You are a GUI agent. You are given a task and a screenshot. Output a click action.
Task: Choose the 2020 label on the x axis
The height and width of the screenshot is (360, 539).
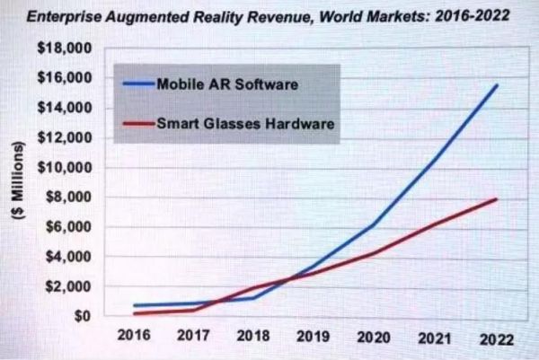tap(370, 340)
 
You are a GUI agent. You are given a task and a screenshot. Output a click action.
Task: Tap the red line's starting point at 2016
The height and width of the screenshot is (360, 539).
tap(135, 313)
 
